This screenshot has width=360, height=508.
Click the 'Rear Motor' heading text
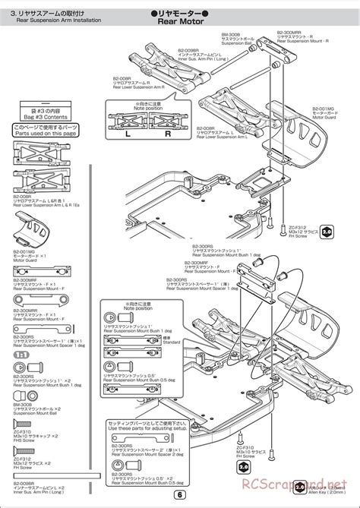[179, 22]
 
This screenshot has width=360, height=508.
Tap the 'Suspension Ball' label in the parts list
[33, 402]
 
